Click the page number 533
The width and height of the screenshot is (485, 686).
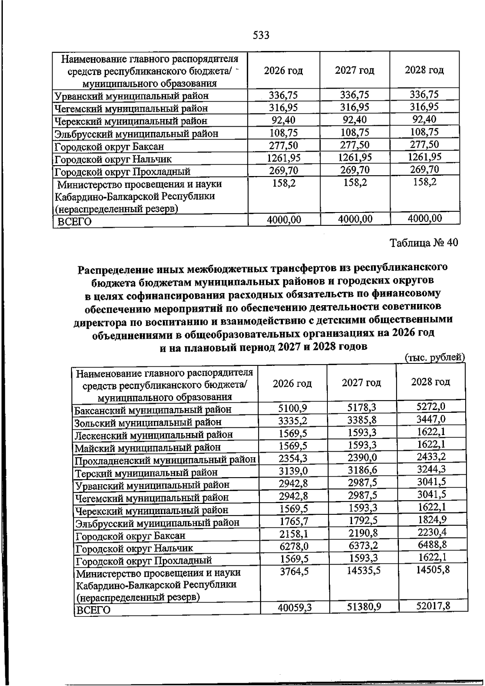click(261, 36)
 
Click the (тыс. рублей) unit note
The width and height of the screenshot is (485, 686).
click(434, 357)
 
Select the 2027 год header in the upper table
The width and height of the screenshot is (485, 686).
click(354, 70)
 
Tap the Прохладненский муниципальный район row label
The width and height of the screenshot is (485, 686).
click(165, 460)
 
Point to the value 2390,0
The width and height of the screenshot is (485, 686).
click(362, 458)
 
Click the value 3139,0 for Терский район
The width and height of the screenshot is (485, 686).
click(293, 471)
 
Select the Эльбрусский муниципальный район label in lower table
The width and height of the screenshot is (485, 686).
click(157, 523)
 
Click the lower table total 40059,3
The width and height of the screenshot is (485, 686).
click(295, 607)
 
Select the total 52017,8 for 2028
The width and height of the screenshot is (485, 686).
click(433, 605)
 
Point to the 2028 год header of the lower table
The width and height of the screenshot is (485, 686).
click(430, 382)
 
